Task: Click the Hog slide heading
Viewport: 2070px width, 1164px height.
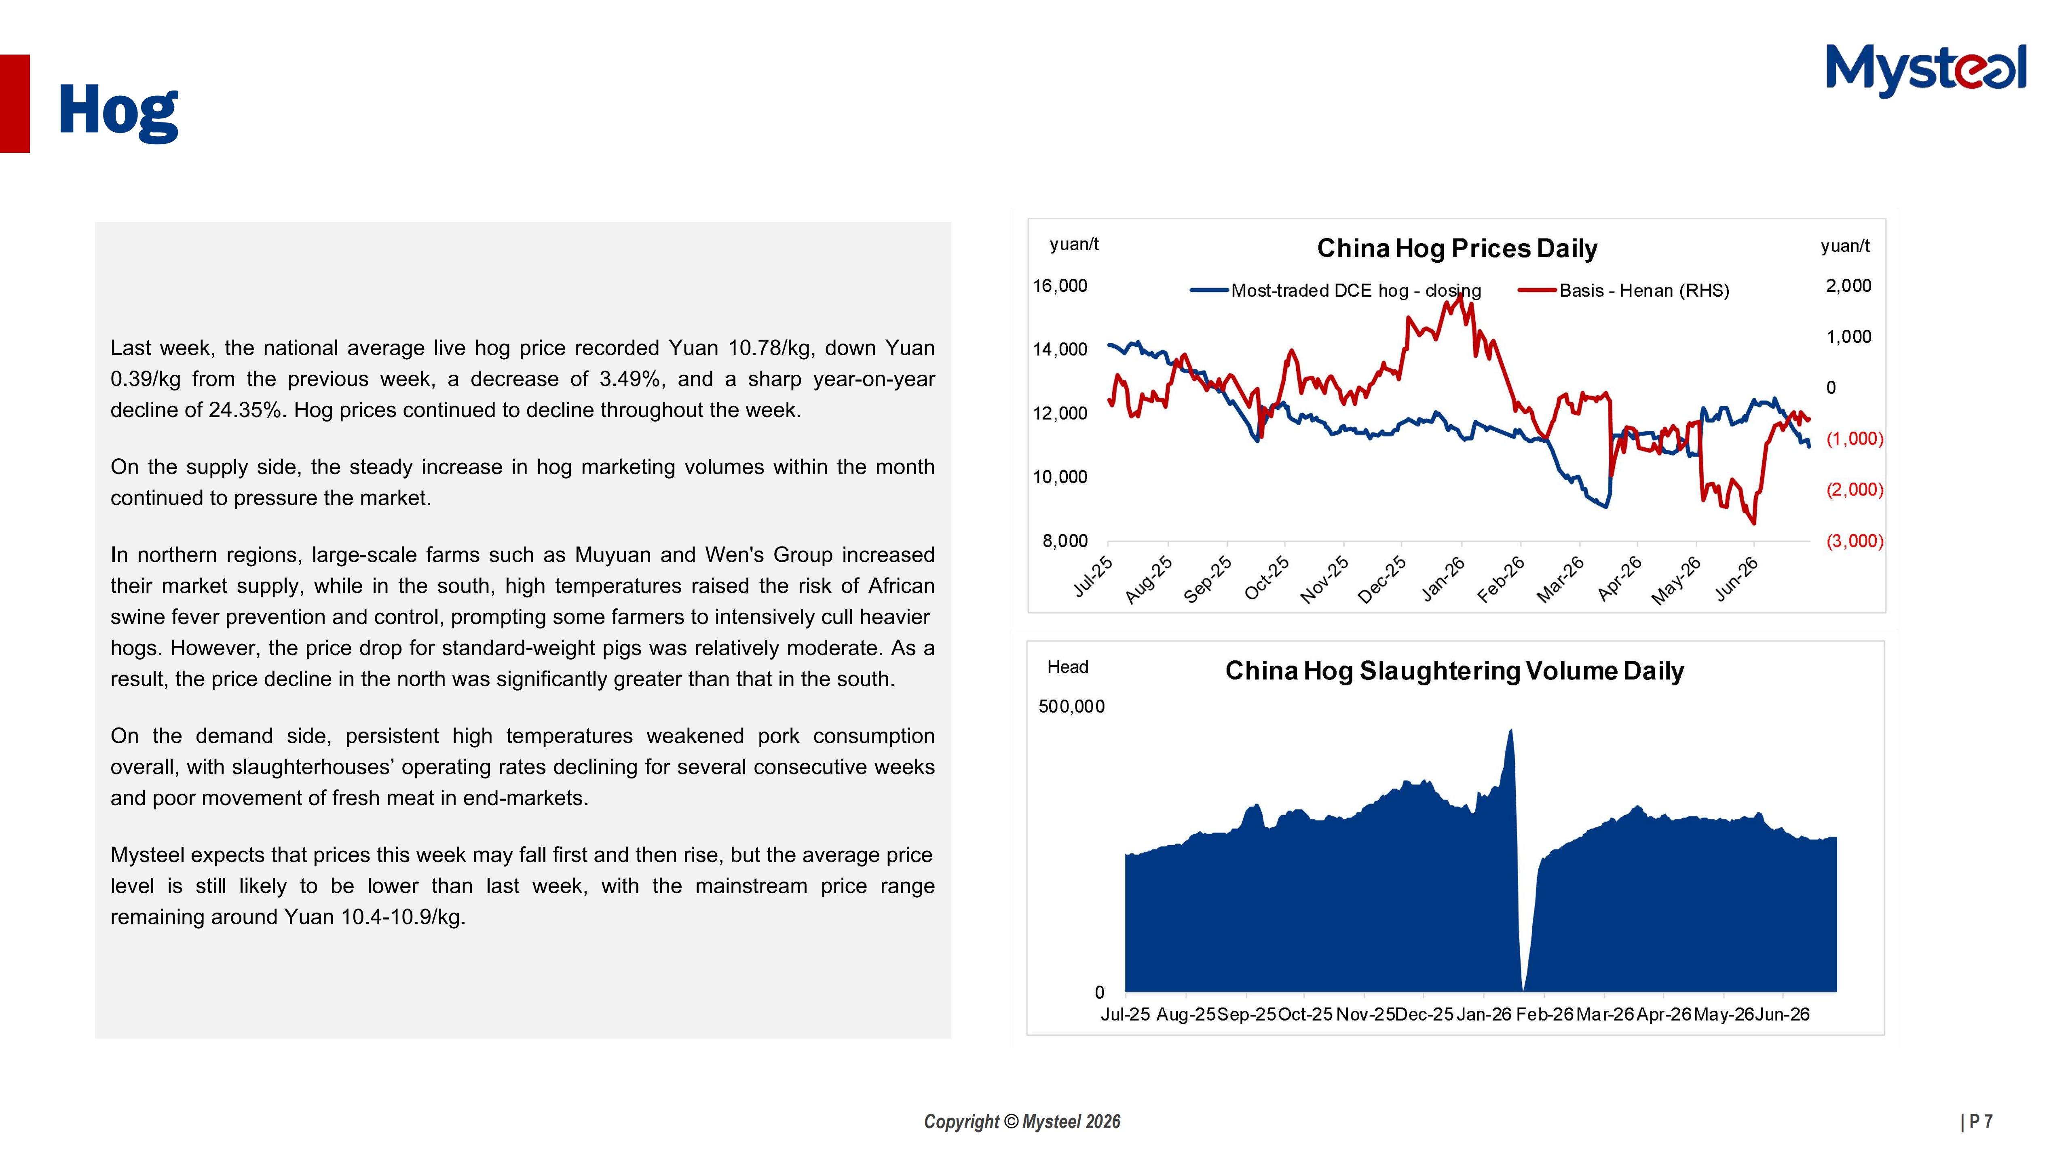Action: (x=118, y=112)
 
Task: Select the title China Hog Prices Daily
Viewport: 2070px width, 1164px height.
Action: (x=1457, y=248)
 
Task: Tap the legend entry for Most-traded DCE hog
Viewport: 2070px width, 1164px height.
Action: (x=1335, y=291)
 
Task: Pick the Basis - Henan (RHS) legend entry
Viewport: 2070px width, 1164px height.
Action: (x=1623, y=291)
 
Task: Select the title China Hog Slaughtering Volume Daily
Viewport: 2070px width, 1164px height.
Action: (x=1455, y=671)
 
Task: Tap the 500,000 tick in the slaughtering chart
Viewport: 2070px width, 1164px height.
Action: (x=1071, y=707)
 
